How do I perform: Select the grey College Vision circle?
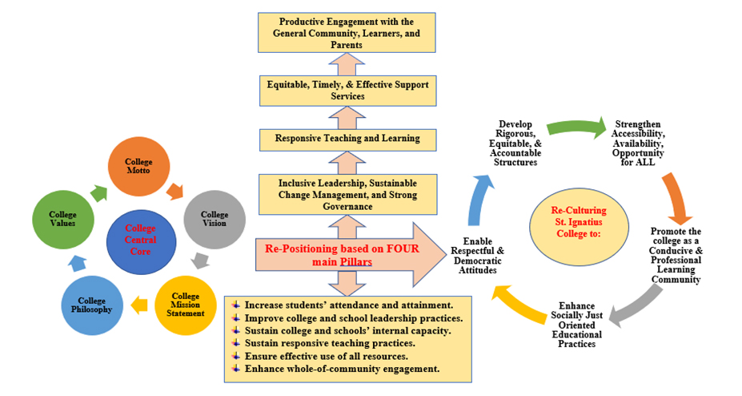coord(215,219)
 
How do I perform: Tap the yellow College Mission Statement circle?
coord(187,305)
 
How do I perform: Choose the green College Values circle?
coord(62,219)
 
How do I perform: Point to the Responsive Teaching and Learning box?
coord(347,139)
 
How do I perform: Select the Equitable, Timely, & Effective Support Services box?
coord(347,90)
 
